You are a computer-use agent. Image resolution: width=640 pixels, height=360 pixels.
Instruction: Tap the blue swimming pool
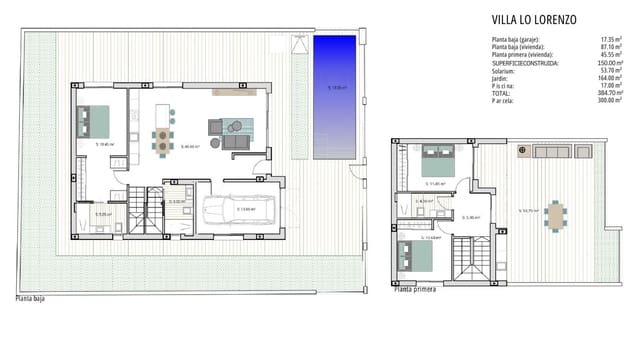334,96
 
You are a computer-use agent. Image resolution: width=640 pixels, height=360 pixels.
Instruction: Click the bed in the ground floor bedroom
97,121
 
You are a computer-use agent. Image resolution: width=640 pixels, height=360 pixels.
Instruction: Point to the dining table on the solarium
554,213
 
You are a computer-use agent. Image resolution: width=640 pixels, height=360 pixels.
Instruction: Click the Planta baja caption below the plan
29,297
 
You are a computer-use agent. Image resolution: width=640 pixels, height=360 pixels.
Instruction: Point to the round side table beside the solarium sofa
523,151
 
